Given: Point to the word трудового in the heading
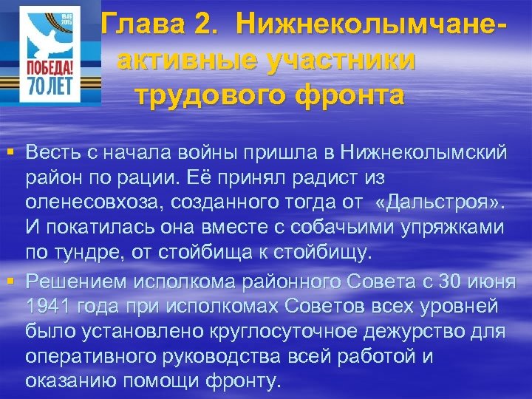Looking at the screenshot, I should click(x=214, y=96).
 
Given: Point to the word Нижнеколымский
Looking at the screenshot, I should click(x=424, y=153).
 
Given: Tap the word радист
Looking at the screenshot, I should click(x=315, y=179).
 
